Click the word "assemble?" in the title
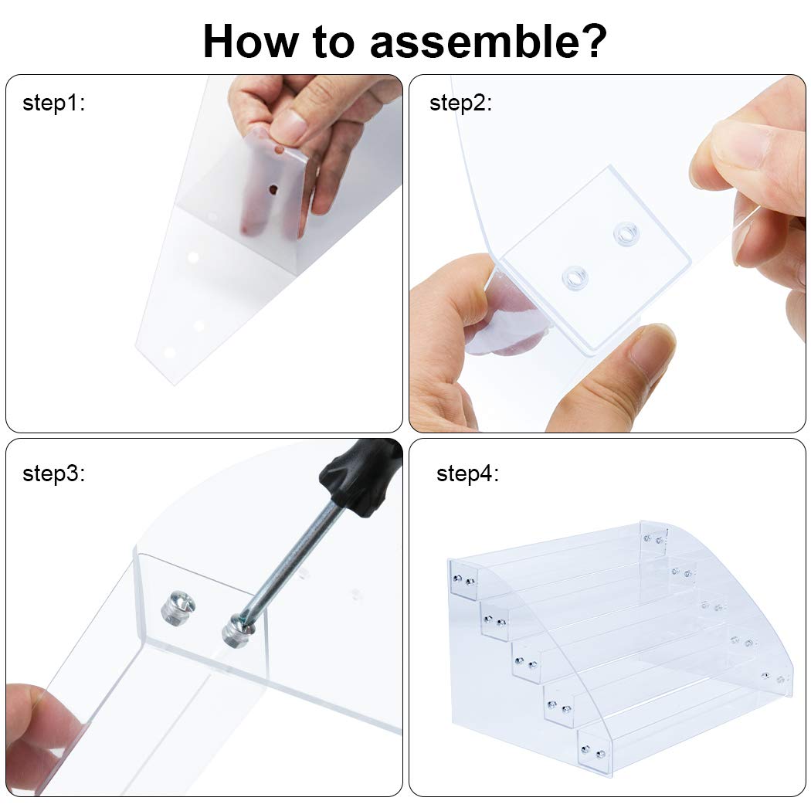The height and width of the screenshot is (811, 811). pyautogui.click(x=487, y=42)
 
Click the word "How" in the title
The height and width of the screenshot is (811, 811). pyautogui.click(x=251, y=42)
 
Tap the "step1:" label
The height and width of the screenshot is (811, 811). pyautogui.click(x=53, y=103)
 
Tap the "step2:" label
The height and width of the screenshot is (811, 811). pyautogui.click(x=460, y=103)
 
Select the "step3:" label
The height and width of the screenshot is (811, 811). pyautogui.click(x=53, y=473)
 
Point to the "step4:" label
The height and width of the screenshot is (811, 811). pyautogui.click(x=467, y=473)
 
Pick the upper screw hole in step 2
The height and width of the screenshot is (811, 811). pyautogui.click(x=626, y=234)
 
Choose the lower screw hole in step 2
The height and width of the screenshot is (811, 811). pyautogui.click(x=575, y=278)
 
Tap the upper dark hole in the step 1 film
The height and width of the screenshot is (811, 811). pyautogui.click(x=280, y=151)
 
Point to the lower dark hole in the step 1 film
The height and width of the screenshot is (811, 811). pyautogui.click(x=273, y=190)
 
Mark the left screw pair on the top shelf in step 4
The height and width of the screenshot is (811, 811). pyautogui.click(x=463, y=580)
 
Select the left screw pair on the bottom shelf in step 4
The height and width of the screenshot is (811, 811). pyautogui.click(x=592, y=752)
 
